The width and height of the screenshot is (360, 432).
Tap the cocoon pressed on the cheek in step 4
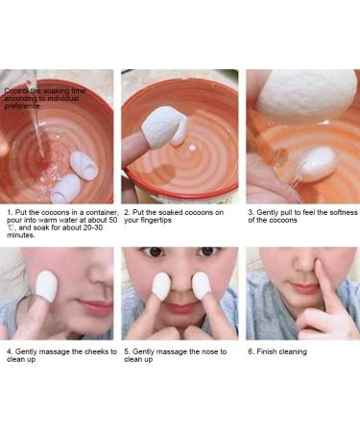coord(44,285)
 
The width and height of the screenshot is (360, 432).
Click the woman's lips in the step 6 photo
coord(305,308)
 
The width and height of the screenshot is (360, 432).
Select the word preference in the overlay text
coord(25,105)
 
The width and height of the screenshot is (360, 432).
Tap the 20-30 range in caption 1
coord(89,229)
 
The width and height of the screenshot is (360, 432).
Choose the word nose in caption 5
coord(204,351)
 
